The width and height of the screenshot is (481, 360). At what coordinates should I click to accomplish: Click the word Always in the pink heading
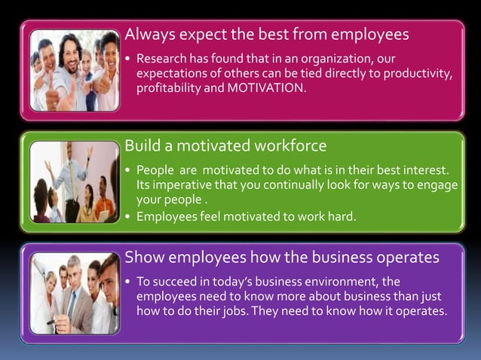click(x=147, y=34)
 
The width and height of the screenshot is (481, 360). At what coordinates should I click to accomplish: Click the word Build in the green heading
click(x=140, y=145)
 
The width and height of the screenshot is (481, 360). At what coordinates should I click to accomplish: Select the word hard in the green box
click(x=340, y=217)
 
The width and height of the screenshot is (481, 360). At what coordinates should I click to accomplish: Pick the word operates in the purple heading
click(x=407, y=257)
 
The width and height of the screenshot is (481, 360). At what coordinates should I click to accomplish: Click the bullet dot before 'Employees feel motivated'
click(x=128, y=218)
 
